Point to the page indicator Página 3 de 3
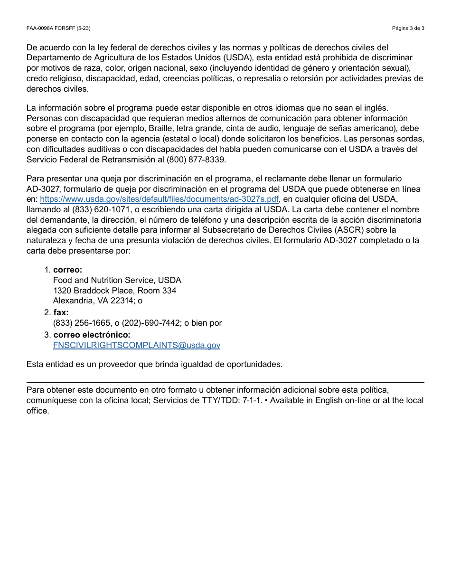[x=408, y=28]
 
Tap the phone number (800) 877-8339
[x=197, y=160]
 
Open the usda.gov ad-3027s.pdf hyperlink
[x=159, y=199]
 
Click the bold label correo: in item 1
[x=67, y=270]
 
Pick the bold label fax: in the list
[x=61, y=312]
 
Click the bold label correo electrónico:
[x=92, y=335]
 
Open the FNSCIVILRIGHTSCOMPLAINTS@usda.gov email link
[x=137, y=345]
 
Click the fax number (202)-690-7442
[x=152, y=323]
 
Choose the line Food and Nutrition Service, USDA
[x=117, y=280]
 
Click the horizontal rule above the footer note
[x=225, y=382]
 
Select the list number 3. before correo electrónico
[x=47, y=335]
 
